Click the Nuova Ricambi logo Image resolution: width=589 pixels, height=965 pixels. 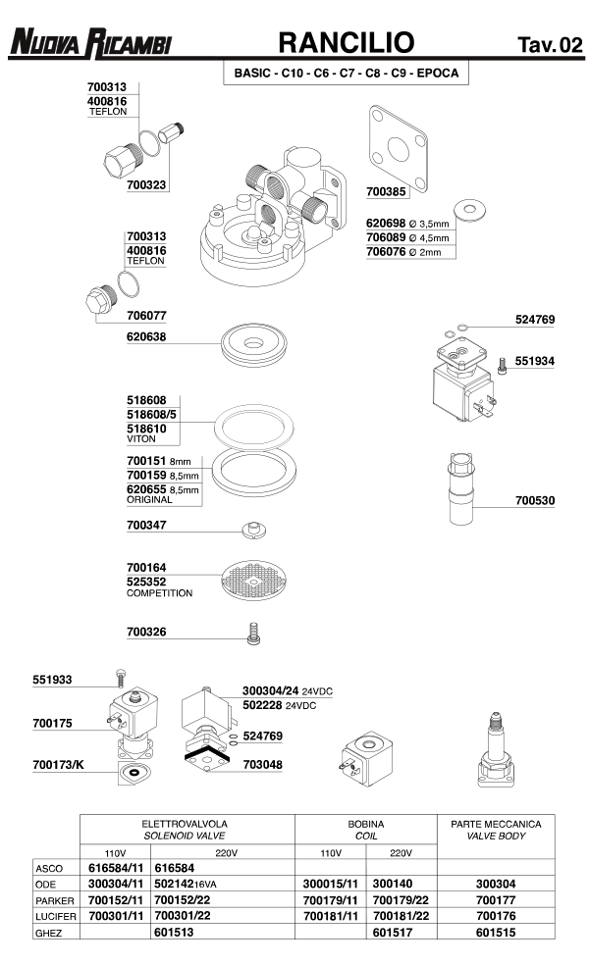tap(91, 42)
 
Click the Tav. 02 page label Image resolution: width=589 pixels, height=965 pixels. tap(549, 44)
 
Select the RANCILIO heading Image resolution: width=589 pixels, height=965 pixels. tap(347, 42)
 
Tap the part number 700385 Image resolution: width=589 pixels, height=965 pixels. tap(386, 192)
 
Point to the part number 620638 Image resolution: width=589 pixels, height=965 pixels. tap(146, 336)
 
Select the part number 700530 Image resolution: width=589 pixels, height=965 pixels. tap(535, 501)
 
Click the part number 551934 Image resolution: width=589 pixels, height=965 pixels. tap(535, 361)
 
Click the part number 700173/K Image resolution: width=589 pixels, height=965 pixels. tap(58, 764)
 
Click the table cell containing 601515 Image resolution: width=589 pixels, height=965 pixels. tap(496, 933)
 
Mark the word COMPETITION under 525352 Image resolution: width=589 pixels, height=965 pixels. tap(160, 593)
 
